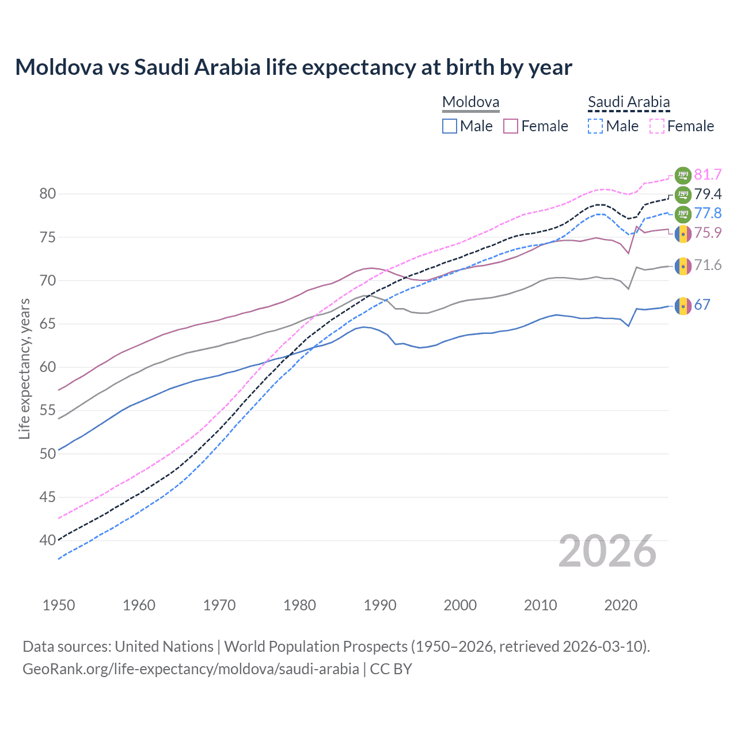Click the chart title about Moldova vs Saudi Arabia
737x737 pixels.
click(294, 67)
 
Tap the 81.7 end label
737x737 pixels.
click(708, 174)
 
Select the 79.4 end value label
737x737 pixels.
click(708, 194)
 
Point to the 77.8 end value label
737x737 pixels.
click(708, 213)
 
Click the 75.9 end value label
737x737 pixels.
click(708, 233)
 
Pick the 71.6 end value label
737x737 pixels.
click(708, 265)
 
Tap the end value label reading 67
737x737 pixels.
click(702, 305)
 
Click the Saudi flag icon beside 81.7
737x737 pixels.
click(683, 175)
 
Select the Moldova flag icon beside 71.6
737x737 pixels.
click(683, 266)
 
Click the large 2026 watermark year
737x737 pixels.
click(607, 551)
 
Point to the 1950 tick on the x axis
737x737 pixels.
click(59, 605)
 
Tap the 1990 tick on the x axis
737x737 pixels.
click(380, 605)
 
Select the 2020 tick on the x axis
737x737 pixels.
click(621, 605)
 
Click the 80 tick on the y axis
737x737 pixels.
click(48, 194)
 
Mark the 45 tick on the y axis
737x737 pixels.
click(48, 497)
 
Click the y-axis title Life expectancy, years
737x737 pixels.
click(24, 368)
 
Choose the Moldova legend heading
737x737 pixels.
click(470, 102)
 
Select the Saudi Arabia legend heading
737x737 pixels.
click(629, 102)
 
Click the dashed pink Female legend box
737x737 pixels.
click(657, 126)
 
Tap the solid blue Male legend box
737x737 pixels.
click(450, 126)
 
